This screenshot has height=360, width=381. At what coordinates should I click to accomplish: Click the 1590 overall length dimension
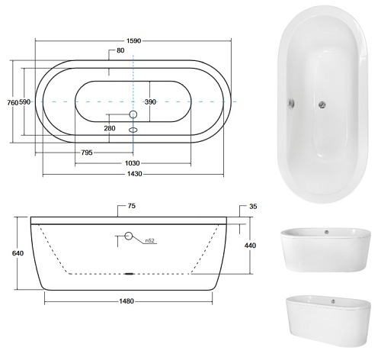pos(133,40)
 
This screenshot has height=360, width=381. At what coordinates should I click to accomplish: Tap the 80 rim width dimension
pos(120,50)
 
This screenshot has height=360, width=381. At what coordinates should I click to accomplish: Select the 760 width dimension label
pos(12,102)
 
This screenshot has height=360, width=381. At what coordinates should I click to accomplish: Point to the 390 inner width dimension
pos(150,102)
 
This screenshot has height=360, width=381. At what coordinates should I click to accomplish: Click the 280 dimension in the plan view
pos(110,128)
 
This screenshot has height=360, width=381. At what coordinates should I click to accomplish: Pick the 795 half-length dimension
pos(87,153)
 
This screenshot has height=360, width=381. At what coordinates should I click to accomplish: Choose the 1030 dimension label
pos(133,163)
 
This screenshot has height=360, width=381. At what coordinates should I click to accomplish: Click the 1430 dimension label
pos(135,174)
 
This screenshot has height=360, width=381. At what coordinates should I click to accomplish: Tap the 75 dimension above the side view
pos(132,206)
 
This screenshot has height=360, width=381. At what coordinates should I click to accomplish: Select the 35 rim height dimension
pos(253,206)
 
